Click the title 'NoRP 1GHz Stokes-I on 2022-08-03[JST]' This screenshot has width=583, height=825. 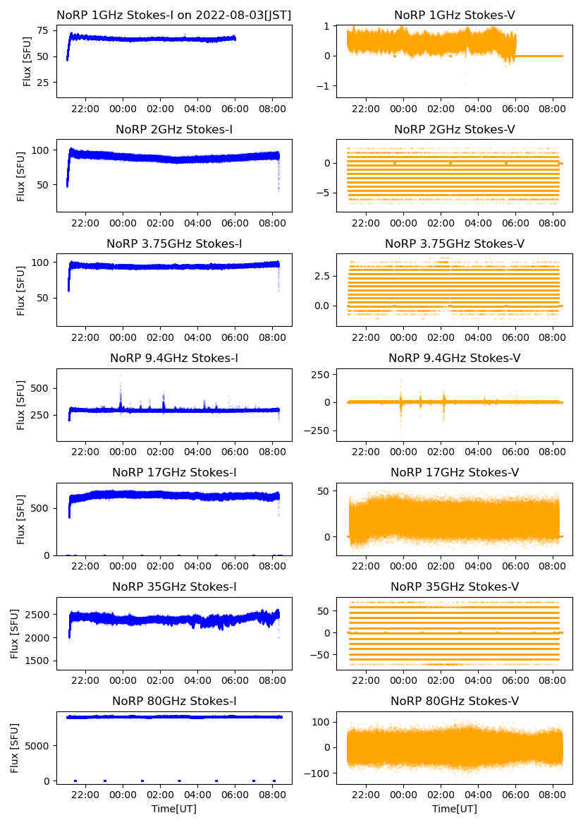click(174, 15)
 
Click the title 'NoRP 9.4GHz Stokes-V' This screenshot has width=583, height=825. click(455, 359)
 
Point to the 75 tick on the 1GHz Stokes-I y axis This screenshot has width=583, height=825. click(42, 30)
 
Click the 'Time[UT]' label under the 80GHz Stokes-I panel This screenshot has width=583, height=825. click(174, 809)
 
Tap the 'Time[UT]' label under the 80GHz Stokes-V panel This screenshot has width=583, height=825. click(455, 809)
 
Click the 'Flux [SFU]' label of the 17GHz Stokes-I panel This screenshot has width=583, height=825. click(22, 519)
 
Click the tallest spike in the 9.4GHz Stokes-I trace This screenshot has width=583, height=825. click(120, 375)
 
